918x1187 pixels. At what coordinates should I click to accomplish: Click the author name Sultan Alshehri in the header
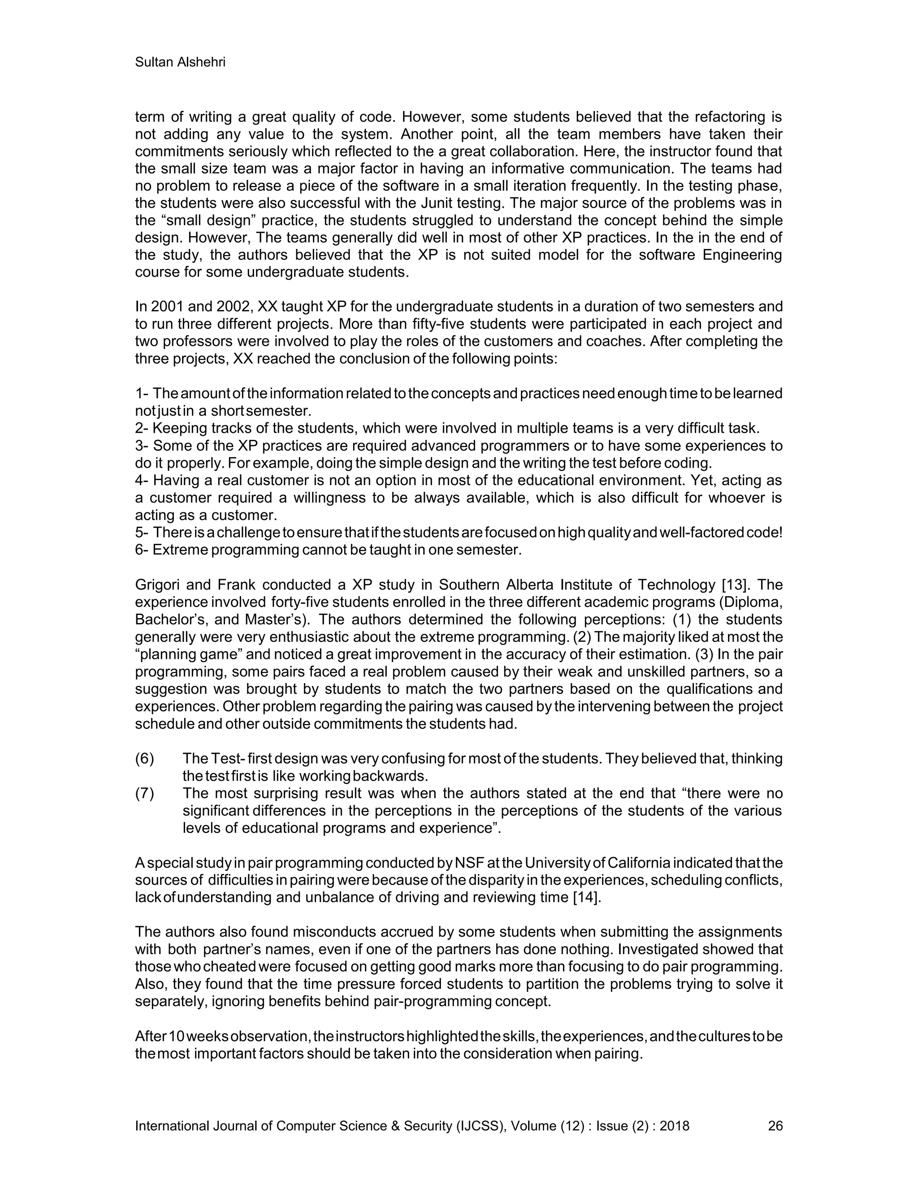tap(180, 63)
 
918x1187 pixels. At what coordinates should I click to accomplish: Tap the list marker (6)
tap(145, 758)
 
